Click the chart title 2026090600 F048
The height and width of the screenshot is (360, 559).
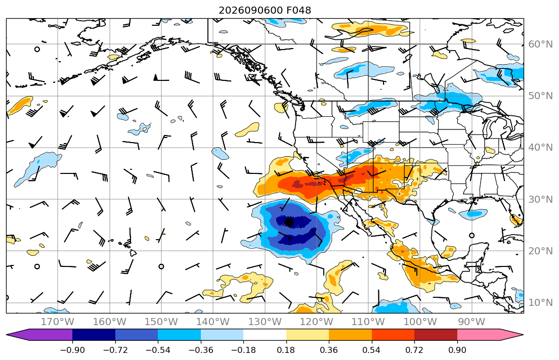265,10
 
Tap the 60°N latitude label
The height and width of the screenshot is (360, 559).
540,44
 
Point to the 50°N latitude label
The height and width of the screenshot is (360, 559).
540,96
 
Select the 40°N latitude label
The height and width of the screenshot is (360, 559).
540,148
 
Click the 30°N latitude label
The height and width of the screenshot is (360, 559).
540,199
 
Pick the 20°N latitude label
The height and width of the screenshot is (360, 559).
540,251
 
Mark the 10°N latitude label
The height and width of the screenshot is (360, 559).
540,303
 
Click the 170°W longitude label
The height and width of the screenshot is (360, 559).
58,322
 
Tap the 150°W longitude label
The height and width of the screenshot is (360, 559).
161,322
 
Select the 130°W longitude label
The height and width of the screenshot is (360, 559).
265,322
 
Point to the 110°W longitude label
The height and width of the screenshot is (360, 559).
368,322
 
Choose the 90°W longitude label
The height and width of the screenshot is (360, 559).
471,322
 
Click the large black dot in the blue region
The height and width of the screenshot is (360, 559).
289,222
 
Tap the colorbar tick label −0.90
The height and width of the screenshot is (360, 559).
72,350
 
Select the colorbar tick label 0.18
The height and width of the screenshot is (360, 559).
286,350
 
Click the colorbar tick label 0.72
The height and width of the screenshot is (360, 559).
414,350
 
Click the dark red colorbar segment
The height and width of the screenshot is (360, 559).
436,335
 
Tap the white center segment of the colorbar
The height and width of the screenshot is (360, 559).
265,335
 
